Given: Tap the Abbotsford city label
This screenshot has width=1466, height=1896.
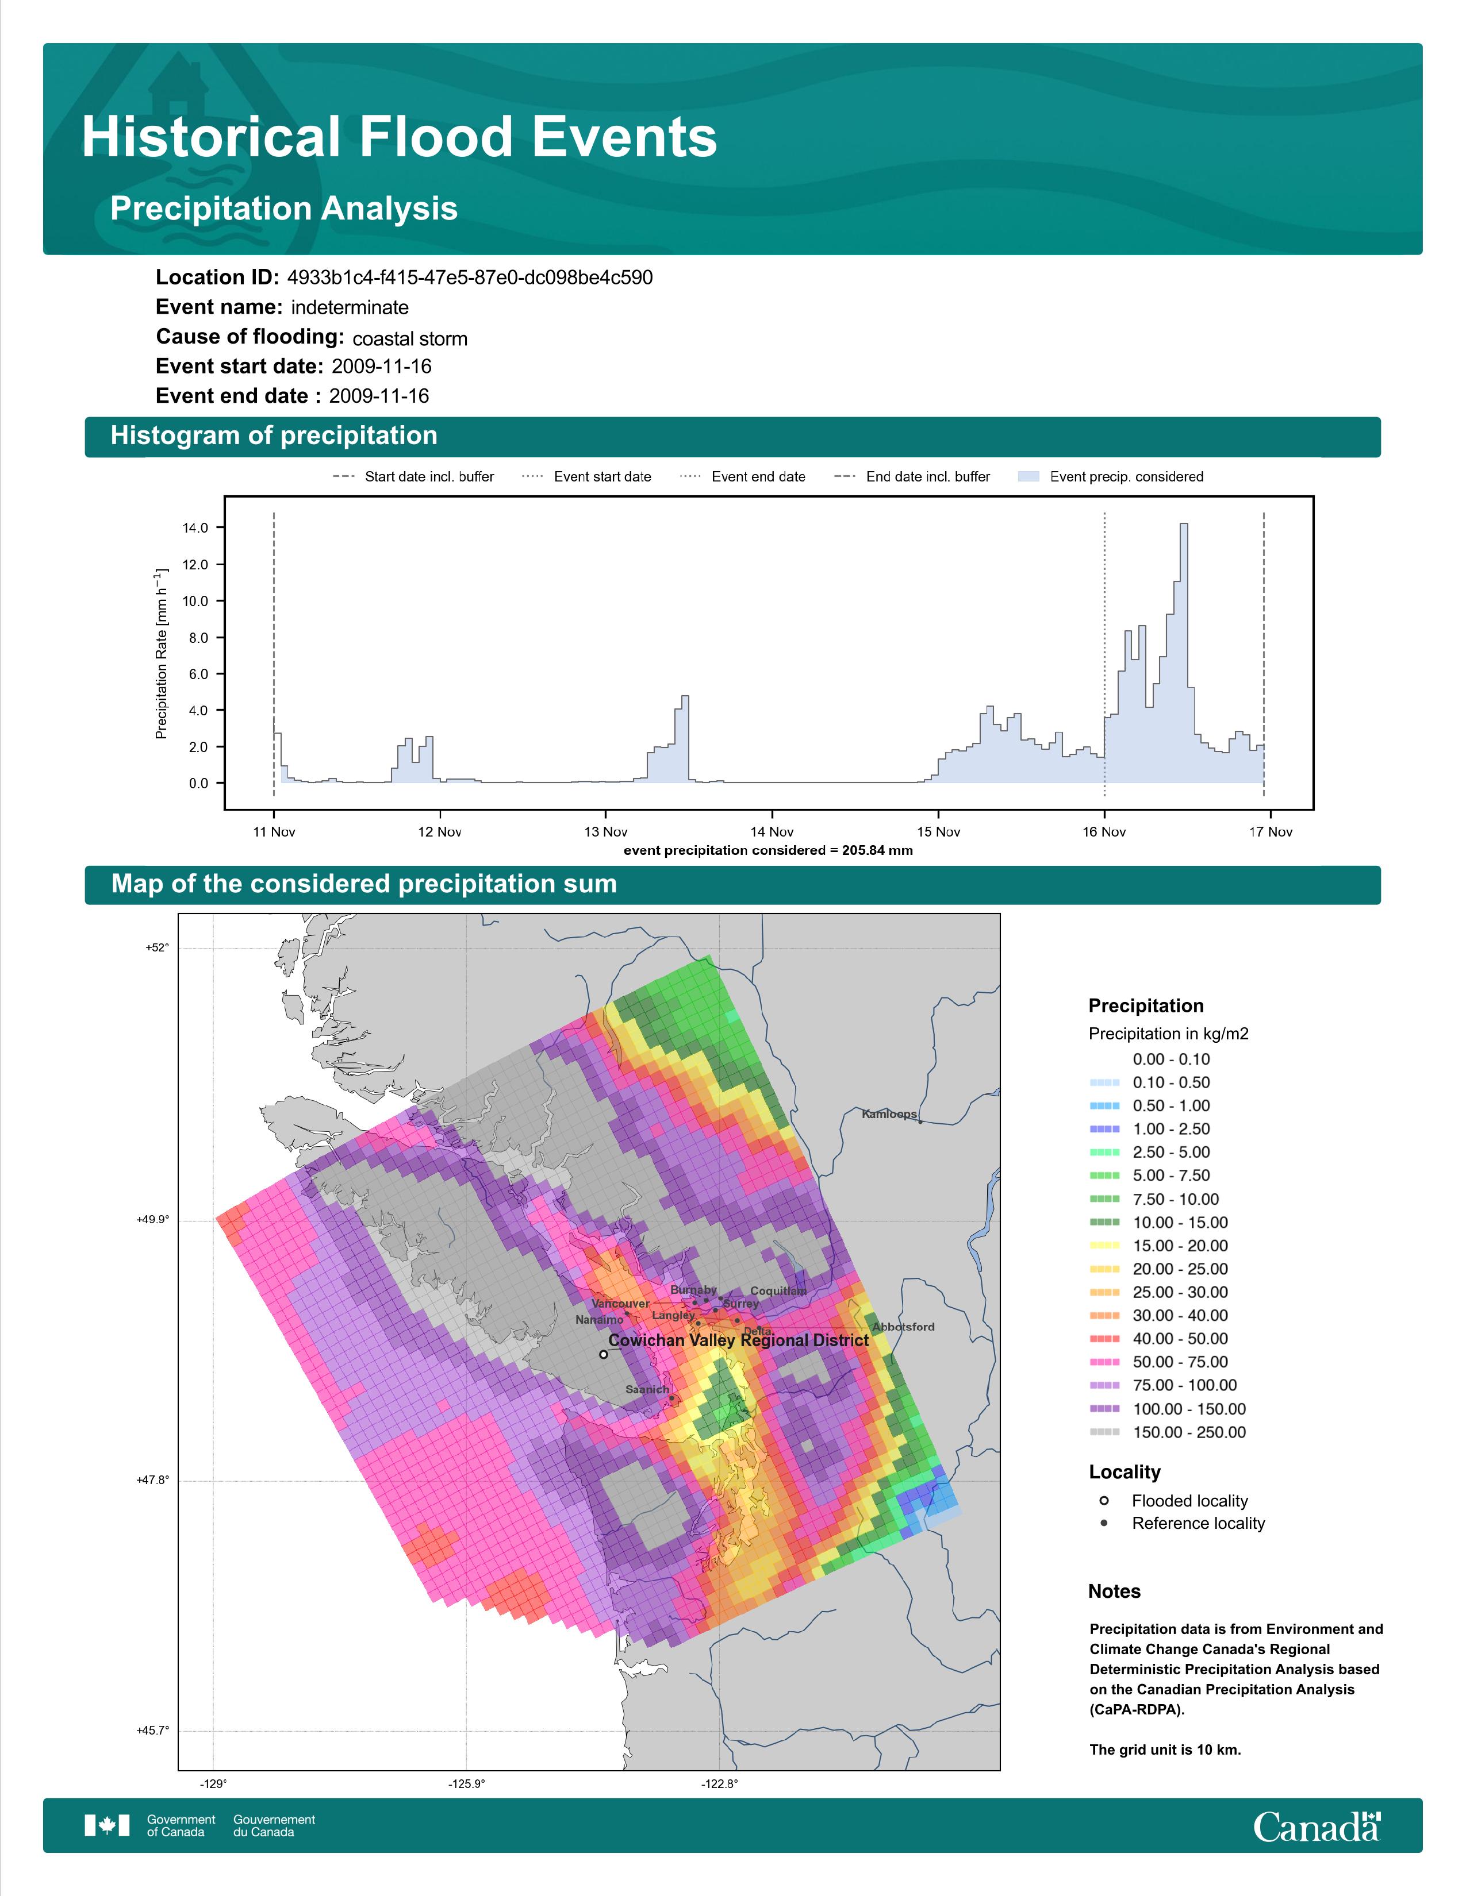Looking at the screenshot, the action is click(x=903, y=1327).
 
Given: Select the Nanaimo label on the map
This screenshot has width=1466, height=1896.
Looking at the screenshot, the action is click(x=599, y=1320).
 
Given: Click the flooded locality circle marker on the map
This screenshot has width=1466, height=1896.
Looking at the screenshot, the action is click(x=604, y=1354).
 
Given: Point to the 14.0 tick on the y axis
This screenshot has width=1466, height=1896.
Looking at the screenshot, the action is click(x=195, y=528).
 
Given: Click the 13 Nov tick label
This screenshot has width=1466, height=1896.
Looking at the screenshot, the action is click(x=605, y=832).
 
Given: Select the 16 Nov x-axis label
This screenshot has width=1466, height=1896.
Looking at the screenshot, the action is click(x=1104, y=832).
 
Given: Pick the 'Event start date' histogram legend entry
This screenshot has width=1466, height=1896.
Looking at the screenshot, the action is click(x=586, y=477).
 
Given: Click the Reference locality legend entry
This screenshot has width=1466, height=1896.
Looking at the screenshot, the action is click(x=1183, y=1523).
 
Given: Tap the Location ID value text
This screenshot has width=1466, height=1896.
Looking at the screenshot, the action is click(x=470, y=278).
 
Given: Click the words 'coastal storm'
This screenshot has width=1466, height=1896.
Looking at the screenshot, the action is click(x=410, y=338).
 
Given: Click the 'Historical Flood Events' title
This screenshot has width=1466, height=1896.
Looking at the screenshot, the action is click(x=400, y=137).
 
